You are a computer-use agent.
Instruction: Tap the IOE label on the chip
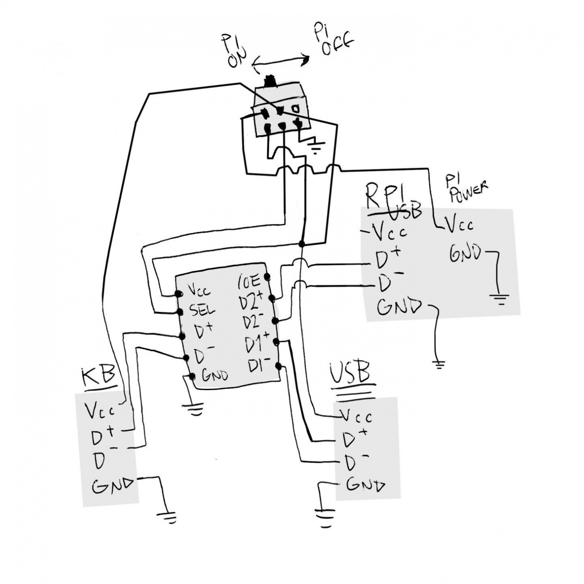(249, 281)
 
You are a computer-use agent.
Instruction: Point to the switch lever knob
(270, 80)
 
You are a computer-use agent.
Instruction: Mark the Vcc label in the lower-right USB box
(357, 417)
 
